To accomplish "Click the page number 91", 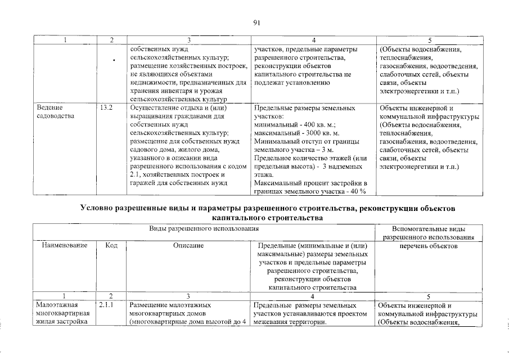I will [x=255, y=22].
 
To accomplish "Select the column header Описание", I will [x=188, y=246].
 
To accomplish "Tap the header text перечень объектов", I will [x=428, y=246].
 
